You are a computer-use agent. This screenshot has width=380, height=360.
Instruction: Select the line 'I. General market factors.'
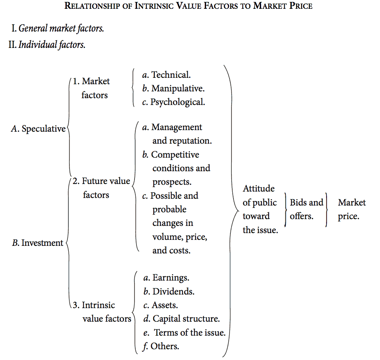point(58,29)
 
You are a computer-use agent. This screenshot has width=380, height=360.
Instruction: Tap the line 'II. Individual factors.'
point(47,45)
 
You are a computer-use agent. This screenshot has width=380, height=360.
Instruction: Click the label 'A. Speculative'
point(38,129)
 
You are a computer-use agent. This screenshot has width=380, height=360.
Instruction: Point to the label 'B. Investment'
point(38,243)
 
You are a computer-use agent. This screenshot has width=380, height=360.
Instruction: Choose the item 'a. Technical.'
point(166,75)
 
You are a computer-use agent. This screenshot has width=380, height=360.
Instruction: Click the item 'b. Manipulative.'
point(173,88)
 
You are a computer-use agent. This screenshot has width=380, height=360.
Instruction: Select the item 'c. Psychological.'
point(174,102)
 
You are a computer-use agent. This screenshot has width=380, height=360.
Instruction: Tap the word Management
point(176,127)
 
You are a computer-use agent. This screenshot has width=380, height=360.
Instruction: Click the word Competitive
point(175,154)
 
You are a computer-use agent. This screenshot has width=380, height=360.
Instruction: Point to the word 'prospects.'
point(172,182)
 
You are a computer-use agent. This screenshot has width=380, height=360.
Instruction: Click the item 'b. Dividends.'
point(169,291)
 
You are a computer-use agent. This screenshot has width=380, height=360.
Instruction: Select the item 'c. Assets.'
point(160,305)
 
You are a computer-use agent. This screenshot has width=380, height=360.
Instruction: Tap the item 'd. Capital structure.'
point(181,319)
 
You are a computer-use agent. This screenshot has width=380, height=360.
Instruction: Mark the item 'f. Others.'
point(160,346)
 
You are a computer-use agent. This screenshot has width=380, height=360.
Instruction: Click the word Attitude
point(258,188)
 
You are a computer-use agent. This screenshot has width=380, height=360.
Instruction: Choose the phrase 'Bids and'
point(306,202)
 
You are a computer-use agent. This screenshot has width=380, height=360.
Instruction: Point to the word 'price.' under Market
point(348,216)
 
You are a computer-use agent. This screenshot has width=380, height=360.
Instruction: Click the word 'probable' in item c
point(169,209)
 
